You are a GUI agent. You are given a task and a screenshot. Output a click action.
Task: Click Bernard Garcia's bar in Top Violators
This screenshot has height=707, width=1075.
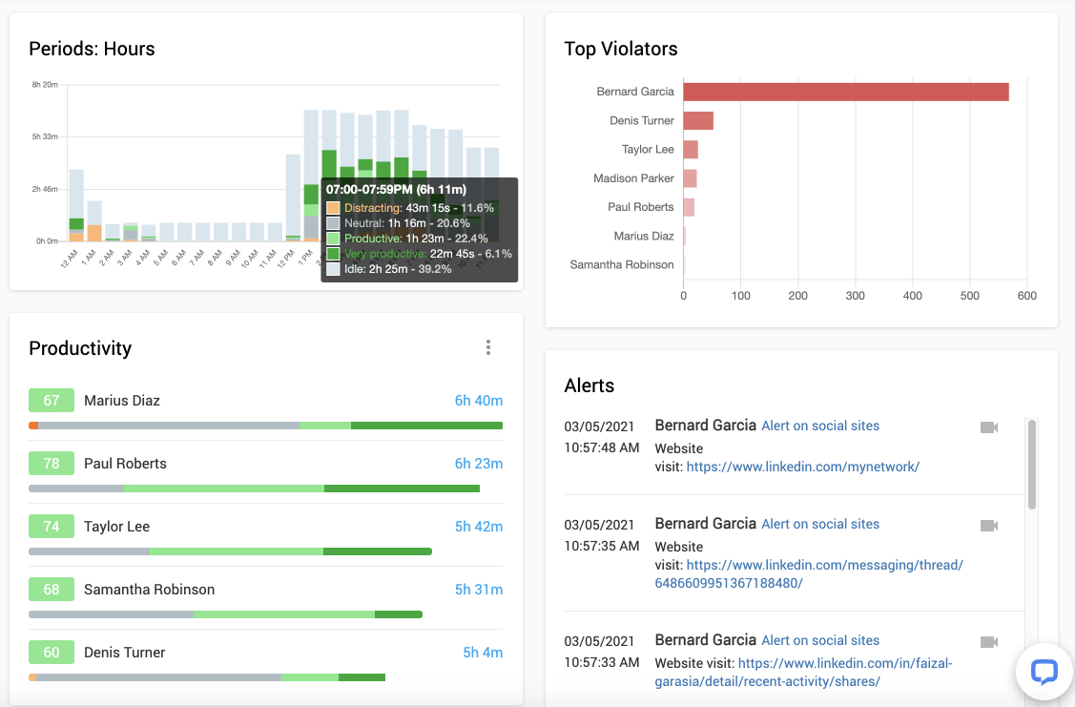coord(845,92)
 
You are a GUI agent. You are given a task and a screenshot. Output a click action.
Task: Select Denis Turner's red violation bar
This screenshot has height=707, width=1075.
coord(698,120)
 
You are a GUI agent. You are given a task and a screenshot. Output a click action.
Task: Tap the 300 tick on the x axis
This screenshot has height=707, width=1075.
coord(856,296)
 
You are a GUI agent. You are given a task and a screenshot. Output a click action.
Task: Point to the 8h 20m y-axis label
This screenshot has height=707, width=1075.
coord(45,85)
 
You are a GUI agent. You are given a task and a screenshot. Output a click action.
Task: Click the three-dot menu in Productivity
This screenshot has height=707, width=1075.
coord(488,347)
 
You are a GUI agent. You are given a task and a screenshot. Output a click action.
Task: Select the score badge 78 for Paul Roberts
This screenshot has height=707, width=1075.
coord(52,464)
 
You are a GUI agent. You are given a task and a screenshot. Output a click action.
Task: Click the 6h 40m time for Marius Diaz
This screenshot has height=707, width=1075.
coord(478,401)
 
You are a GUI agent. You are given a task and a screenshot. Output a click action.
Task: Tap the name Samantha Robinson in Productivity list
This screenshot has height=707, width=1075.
coord(149,590)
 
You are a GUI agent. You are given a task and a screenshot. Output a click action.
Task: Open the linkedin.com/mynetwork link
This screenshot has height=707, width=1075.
coord(802,467)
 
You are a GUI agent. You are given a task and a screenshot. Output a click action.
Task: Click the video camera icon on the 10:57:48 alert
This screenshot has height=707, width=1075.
coord(989,427)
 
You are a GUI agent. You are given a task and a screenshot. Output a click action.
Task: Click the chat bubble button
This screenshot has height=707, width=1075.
coord(1044,672)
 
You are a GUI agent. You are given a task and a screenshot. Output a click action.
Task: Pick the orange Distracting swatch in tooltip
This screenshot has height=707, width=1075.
coord(333,208)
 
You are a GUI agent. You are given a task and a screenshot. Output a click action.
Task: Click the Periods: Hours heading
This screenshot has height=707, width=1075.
coord(92,49)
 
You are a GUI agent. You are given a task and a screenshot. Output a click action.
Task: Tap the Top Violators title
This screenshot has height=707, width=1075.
coord(620,49)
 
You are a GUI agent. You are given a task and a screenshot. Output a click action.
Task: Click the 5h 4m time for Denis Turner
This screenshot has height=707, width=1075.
coord(483,653)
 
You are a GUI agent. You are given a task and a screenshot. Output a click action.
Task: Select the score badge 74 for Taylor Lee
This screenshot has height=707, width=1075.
coord(52,527)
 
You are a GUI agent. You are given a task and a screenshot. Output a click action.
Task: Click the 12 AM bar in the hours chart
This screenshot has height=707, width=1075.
coord(76,204)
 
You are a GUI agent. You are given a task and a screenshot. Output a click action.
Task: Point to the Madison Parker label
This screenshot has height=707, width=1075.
coord(633,178)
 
